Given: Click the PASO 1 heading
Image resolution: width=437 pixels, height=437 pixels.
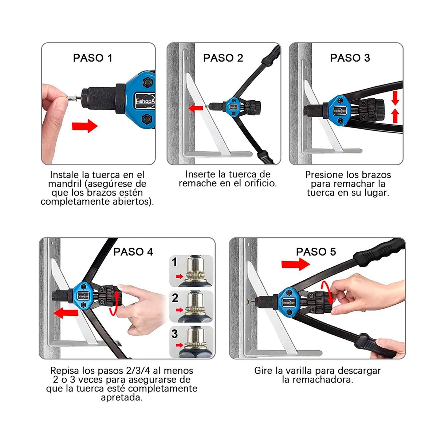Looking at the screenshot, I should click(92, 58).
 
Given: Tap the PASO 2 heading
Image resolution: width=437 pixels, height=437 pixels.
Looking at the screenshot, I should click(223, 58).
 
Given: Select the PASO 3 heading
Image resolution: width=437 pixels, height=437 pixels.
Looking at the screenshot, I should click(350, 58).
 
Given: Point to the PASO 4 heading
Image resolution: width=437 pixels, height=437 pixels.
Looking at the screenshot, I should click(133, 252).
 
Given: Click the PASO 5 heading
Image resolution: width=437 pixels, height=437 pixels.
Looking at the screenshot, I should click(316, 252).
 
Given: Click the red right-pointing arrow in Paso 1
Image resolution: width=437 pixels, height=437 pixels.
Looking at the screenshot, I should click(84, 126).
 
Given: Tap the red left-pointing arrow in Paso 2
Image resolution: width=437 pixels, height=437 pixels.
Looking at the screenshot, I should click(196, 108).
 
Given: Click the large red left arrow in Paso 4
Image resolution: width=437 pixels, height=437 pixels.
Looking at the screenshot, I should click(66, 312).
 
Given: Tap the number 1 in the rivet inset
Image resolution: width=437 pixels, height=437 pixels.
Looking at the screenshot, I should click(175, 262).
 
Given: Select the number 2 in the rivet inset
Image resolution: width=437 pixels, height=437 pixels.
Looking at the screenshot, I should click(175, 298).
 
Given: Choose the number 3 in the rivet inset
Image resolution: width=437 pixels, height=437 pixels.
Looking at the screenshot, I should click(175, 334).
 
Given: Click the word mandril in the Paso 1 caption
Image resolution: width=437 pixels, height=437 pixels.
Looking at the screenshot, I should click(62, 184).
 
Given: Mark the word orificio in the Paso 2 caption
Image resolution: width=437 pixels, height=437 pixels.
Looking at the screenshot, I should click(260, 184).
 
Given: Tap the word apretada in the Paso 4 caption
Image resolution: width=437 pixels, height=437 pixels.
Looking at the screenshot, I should click(121, 397).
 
